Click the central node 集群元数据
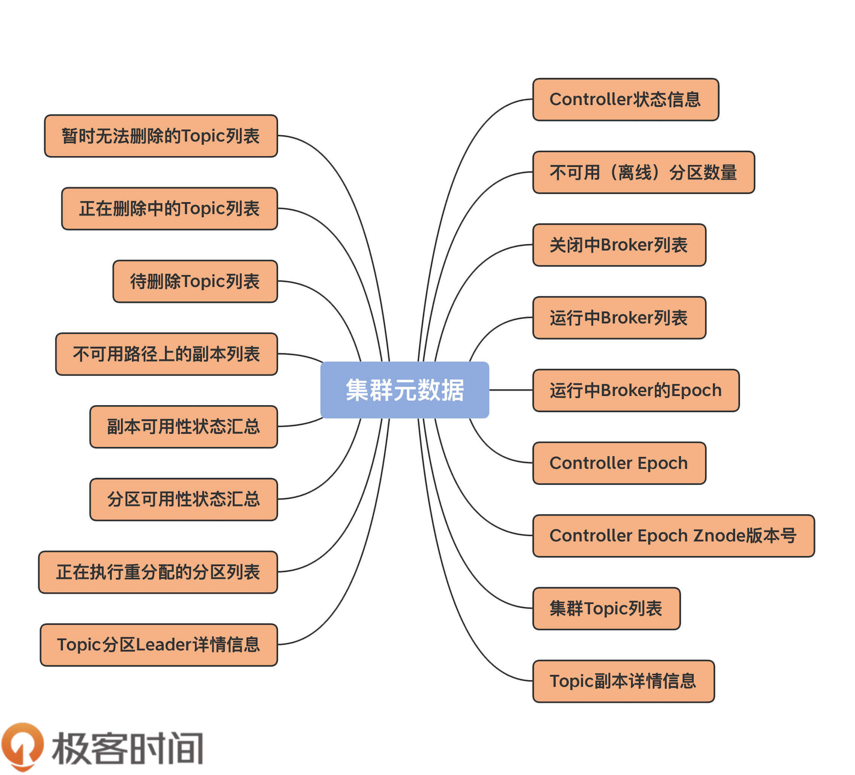(404, 390)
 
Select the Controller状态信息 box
(625, 99)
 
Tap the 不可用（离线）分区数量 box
(643, 172)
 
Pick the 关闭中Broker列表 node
(619, 245)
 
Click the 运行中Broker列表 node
(619, 318)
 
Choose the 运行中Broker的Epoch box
(635, 390)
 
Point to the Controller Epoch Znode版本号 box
(673, 536)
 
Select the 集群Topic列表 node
(606, 608)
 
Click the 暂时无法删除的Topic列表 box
(161, 136)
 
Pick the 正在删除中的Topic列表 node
(169, 208)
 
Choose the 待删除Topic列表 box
(195, 281)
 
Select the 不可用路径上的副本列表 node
(166, 354)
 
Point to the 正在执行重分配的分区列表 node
(158, 572)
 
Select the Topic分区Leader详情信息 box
(159, 645)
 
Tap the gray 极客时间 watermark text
(127, 748)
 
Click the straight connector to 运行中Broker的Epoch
(511, 390)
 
